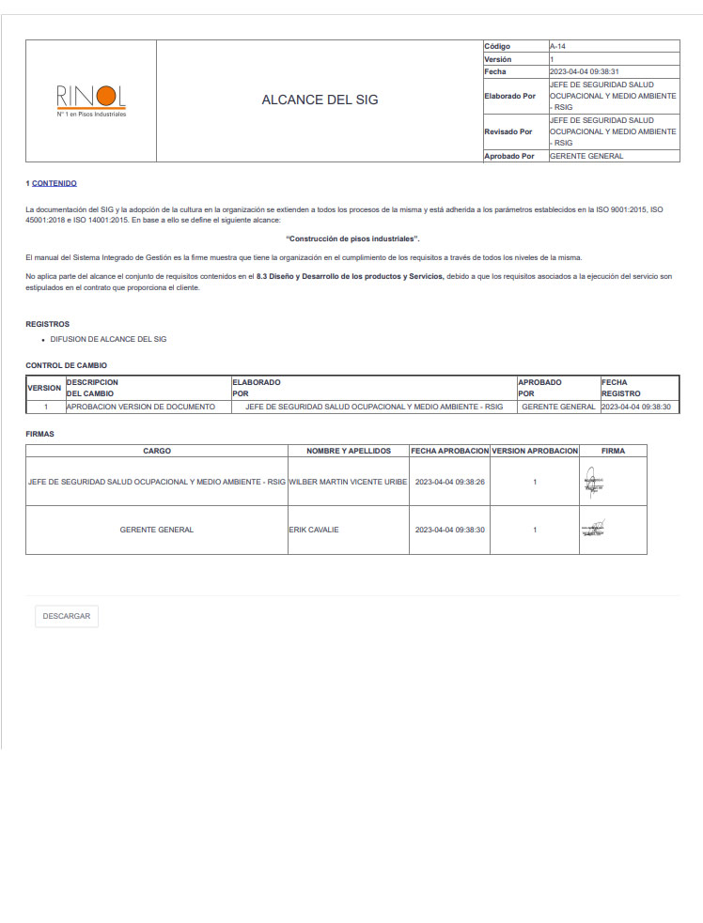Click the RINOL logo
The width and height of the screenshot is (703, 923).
90,100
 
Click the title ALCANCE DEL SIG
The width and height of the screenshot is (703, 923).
320,100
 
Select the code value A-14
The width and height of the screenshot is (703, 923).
557,46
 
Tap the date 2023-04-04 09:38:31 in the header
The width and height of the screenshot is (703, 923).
584,71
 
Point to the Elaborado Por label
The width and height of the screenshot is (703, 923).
509,96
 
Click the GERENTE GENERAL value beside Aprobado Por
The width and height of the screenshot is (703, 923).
586,156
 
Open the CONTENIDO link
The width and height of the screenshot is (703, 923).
55,183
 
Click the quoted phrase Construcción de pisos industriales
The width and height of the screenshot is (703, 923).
352,239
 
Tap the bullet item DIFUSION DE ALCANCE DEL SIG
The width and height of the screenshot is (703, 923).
108,339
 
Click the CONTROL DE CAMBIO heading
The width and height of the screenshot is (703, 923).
66,365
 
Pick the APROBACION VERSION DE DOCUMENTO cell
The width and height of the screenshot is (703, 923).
141,407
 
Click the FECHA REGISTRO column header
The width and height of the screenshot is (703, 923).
620,388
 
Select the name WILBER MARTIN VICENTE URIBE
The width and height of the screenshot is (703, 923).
348,481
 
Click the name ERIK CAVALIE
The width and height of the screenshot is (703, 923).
314,530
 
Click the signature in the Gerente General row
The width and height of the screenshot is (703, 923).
593,530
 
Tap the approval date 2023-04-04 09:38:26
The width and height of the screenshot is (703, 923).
449,481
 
